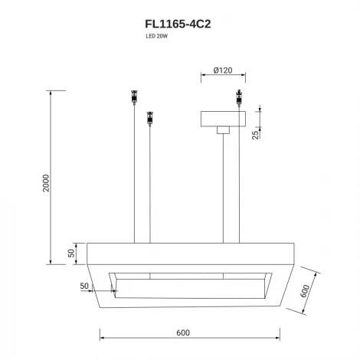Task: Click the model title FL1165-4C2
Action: coord(178,24)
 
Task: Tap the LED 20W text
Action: coord(157,36)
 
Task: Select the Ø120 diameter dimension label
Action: coord(223,70)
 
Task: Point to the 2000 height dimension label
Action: coord(46,183)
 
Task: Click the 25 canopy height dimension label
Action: coord(255,135)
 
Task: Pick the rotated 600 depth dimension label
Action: coord(305,291)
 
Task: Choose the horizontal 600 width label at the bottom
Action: coord(183,332)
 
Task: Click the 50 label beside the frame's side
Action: coord(71,253)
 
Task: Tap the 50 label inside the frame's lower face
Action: coord(84,286)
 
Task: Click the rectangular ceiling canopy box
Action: coord(223,119)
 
